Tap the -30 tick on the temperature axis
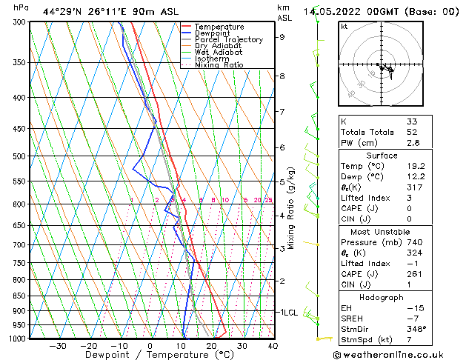pos(58,345)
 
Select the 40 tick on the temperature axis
pos(273,345)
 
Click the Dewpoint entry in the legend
pos(213,33)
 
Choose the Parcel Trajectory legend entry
pos(228,40)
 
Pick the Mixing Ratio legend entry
pos(219,65)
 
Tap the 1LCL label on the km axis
pos(288,313)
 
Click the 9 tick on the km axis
pos(282,37)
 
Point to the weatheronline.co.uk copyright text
pos(399,354)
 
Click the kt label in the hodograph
pos(344,27)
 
